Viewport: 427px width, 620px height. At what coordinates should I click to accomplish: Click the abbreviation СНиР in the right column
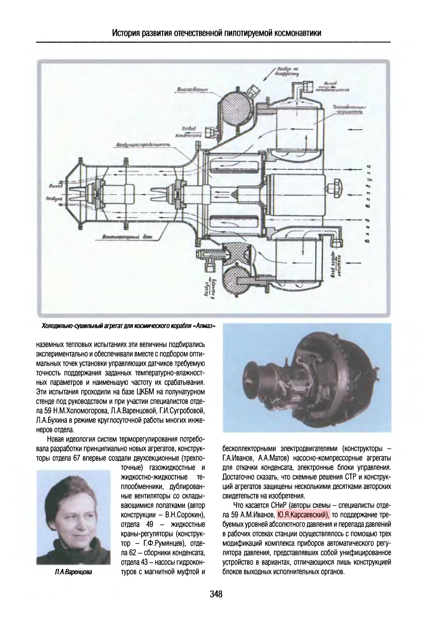point(274,505)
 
